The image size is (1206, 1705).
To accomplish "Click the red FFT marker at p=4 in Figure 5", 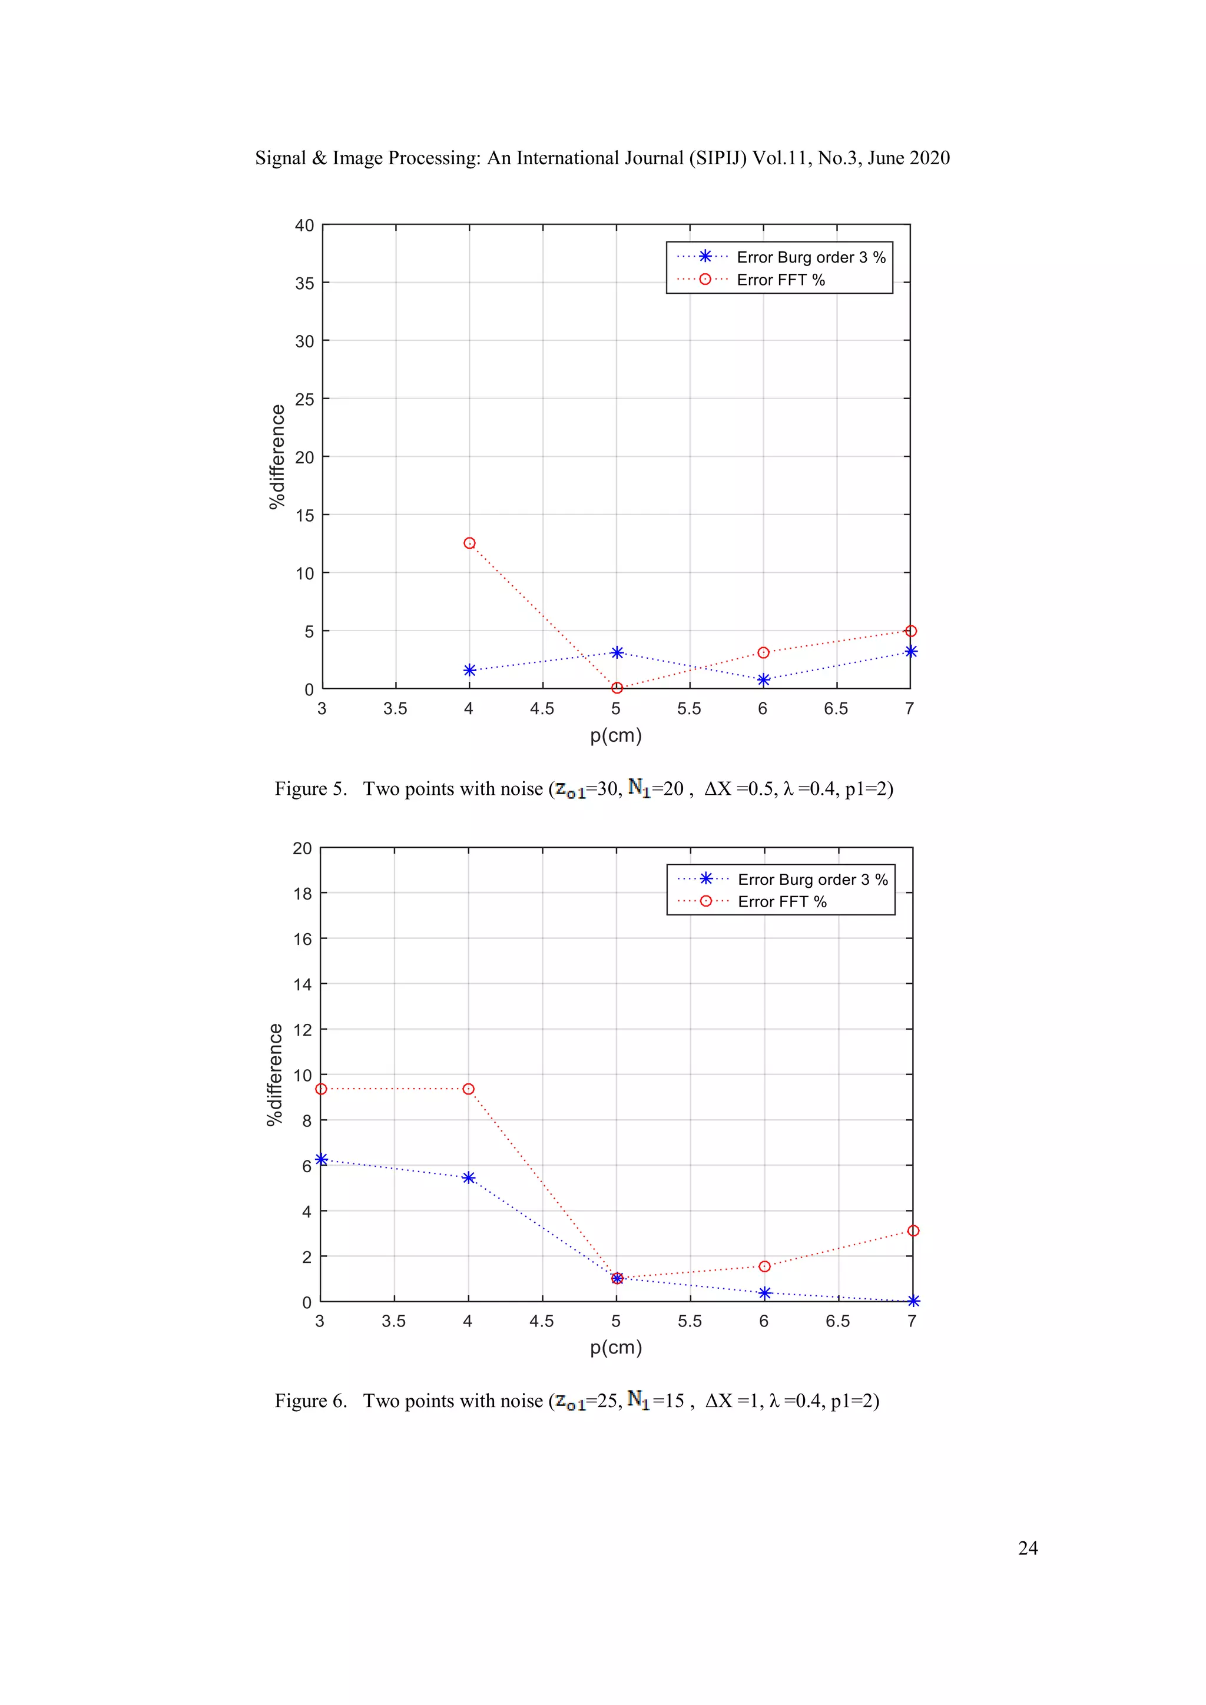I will pyautogui.click(x=469, y=543).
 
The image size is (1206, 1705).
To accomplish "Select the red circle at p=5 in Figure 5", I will pyautogui.click(x=617, y=688).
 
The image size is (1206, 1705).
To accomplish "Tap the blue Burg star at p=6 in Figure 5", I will pyautogui.click(x=763, y=679).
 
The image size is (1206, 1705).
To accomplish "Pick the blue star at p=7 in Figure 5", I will pyautogui.click(x=910, y=651).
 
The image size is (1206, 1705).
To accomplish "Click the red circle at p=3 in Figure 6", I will pyautogui.click(x=321, y=1089).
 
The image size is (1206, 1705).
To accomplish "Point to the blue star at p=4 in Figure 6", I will pyautogui.click(x=469, y=1177).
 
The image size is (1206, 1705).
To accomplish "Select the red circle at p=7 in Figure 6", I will pyautogui.click(x=913, y=1230).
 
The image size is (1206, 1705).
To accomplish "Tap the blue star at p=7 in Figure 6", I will pyautogui.click(x=913, y=1301).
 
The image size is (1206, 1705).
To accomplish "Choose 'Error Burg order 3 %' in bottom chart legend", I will pyautogui.click(x=813, y=879).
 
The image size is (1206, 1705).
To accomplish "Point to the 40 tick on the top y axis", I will pyautogui.click(x=304, y=225).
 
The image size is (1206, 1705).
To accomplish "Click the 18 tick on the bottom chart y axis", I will pyautogui.click(x=302, y=893).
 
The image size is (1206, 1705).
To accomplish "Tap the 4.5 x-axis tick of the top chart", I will pyautogui.click(x=542, y=708).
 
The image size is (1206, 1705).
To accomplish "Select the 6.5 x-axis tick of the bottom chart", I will pyautogui.click(x=838, y=1321).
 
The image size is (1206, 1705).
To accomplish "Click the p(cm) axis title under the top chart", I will pyautogui.click(x=615, y=735).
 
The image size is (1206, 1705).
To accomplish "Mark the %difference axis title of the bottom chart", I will pyautogui.click(x=275, y=1074).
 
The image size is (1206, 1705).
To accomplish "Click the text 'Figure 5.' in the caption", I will pyautogui.click(x=310, y=789).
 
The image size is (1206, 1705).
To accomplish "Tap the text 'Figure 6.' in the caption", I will pyautogui.click(x=310, y=1401).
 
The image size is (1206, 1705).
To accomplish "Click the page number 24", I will pyautogui.click(x=1028, y=1548).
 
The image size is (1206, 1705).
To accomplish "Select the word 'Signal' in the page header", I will pyautogui.click(x=280, y=158).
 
